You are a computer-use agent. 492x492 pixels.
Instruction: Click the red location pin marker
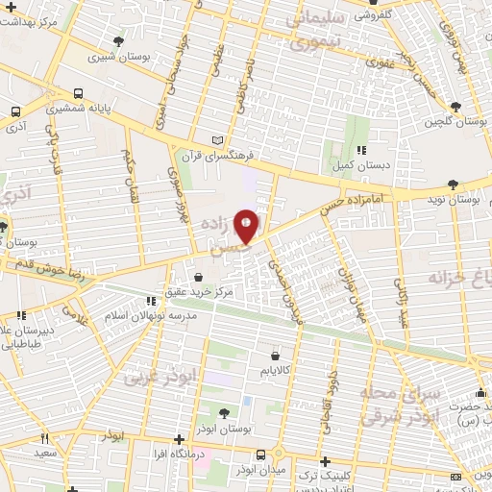tap(246, 225)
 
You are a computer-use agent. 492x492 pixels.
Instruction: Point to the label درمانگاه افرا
tap(173, 451)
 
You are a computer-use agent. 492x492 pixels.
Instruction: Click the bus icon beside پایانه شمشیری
tap(77, 95)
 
